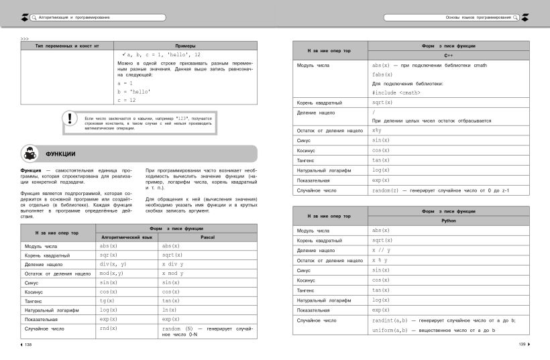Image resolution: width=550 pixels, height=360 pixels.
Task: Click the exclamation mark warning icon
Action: coord(68,119)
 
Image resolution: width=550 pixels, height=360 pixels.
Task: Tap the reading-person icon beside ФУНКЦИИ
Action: coord(30,153)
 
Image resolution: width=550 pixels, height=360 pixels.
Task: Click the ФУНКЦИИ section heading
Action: coord(60,154)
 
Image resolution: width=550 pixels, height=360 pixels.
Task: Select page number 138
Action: coord(28,345)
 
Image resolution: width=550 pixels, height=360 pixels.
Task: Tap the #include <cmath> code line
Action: coord(396,93)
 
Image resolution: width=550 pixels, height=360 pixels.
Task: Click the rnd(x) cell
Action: coord(109,329)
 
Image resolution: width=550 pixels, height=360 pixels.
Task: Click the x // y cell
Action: coord(381,250)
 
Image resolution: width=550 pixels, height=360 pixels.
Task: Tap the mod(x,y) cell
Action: coord(111,274)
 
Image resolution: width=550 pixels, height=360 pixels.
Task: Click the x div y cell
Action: coord(173,264)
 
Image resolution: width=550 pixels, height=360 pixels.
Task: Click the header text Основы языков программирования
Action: coord(468,15)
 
